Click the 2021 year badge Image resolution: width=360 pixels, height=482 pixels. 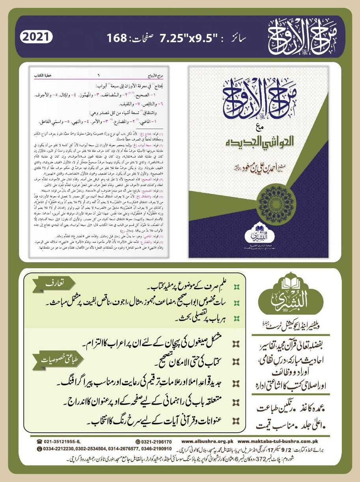click(x=36, y=38)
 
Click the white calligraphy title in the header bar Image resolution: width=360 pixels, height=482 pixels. click(x=300, y=39)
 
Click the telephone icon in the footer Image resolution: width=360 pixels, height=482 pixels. click(x=39, y=441)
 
